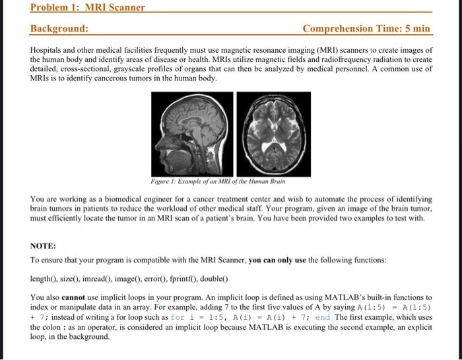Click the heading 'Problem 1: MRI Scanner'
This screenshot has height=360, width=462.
pyautogui.click(x=88, y=7)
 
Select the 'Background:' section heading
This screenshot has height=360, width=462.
pyautogui.click(x=59, y=28)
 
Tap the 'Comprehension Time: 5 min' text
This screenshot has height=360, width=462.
pyautogui.click(x=366, y=28)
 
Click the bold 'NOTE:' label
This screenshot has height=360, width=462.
pyautogui.click(x=43, y=245)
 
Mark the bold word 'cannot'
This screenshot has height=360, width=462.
pyautogui.click(x=75, y=297)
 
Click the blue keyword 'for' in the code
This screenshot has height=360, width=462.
pyautogui.click(x=177, y=317)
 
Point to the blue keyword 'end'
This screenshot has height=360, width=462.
pyautogui.click(x=322, y=317)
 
